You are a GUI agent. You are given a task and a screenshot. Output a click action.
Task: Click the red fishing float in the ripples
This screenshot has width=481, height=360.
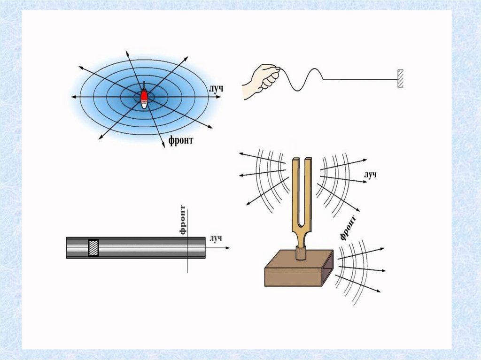point(144,94)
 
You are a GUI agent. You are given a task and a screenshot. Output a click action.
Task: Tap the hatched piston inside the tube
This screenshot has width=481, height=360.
point(93,247)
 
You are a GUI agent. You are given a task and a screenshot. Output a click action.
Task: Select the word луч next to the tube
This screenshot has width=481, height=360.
point(216,239)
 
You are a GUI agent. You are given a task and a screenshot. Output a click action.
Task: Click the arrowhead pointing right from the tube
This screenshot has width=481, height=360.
point(227,247)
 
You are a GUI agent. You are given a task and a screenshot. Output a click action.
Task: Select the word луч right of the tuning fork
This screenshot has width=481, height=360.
point(371,175)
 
